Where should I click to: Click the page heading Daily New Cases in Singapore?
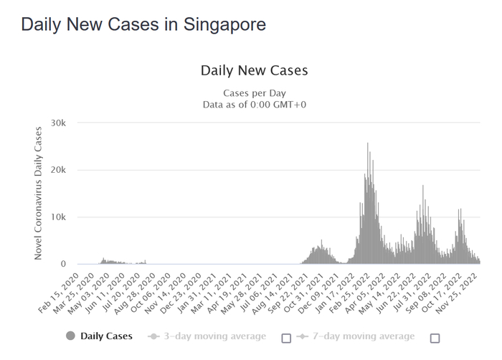tap(143, 24)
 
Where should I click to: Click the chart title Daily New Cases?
tap(254, 70)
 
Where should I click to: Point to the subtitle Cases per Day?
tap(254, 93)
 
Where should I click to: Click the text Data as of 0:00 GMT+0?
tap(254, 105)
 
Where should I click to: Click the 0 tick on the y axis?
tap(63, 264)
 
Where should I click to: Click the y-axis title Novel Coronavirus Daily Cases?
tap(39, 194)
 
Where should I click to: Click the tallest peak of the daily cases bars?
tap(368, 143)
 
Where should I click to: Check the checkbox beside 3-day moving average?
tap(286, 338)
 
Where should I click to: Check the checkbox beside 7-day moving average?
tap(435, 338)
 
